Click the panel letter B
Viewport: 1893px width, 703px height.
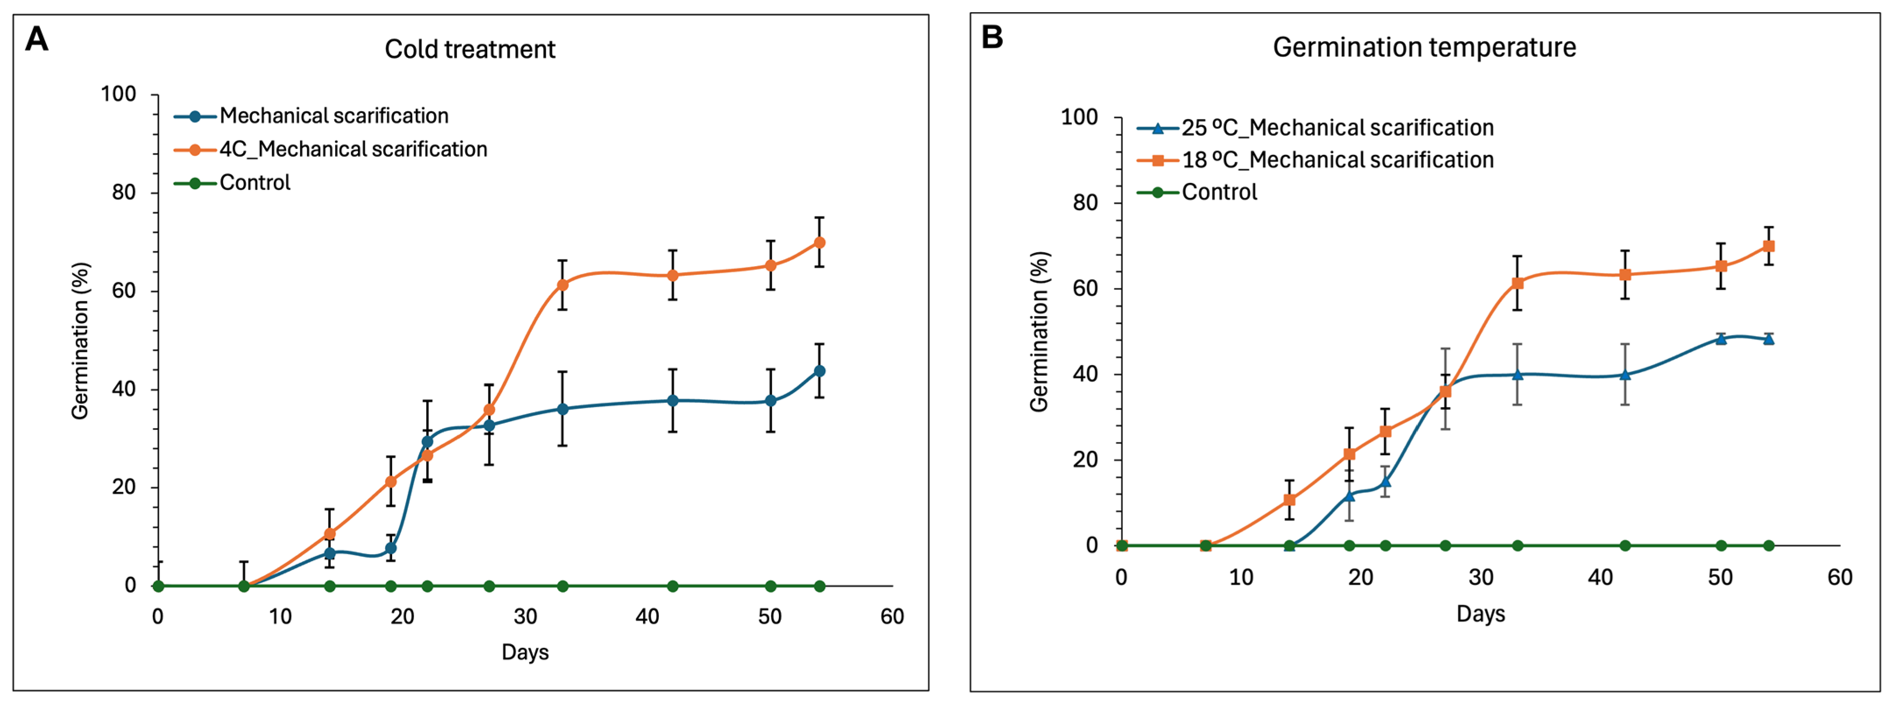992,37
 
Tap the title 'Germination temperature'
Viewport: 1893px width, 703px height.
1424,47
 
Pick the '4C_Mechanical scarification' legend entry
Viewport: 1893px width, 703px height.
331,149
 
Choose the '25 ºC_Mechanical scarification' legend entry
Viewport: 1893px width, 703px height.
1316,128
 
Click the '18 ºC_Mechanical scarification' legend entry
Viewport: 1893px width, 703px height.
1316,160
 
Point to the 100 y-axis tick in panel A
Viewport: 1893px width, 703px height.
118,94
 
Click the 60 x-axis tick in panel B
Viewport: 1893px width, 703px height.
1840,577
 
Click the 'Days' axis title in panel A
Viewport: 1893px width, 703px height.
525,652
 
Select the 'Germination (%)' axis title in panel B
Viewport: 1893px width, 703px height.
1039,332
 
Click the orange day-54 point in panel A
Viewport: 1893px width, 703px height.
819,243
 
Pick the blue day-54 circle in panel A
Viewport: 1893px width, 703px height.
819,371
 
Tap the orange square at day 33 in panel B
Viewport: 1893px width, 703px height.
1517,283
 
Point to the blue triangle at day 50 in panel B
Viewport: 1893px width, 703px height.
1720,339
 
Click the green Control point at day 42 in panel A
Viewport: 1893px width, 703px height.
672,586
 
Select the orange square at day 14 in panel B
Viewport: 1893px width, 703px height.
1289,500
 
